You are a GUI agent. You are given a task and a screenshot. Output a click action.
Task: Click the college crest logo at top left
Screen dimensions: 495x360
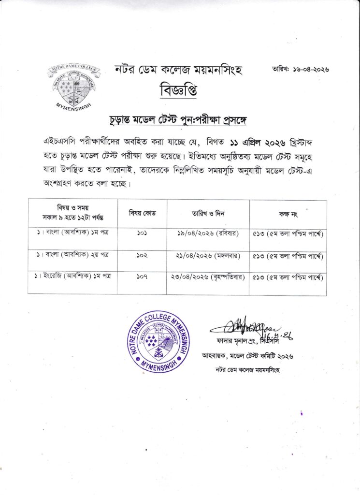73,86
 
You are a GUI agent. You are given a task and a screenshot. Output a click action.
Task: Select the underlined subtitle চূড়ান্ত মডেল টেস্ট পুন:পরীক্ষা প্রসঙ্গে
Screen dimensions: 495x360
178,119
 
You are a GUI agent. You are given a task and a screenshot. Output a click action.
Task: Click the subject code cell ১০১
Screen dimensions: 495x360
142,233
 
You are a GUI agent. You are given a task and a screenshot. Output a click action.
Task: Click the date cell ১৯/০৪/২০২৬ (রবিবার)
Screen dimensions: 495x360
208,233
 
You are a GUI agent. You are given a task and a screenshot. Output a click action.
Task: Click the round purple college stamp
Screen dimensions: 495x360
158,341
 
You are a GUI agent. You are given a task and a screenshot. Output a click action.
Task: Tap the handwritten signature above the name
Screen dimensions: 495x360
246,329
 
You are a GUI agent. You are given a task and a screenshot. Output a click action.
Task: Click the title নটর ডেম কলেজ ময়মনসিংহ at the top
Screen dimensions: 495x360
178,70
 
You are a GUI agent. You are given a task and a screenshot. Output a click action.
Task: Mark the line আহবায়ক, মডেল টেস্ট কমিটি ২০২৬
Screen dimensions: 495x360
247,356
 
